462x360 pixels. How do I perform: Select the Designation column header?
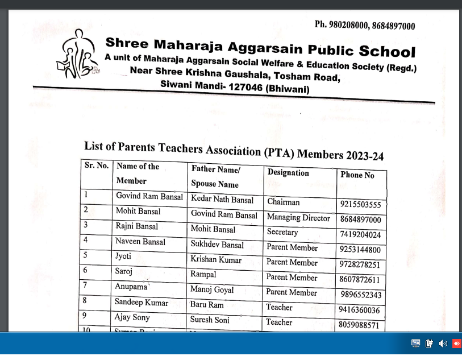tap(288, 173)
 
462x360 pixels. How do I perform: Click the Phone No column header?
tap(357, 175)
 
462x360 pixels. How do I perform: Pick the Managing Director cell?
tap(298, 218)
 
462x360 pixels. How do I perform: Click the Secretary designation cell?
tap(282, 233)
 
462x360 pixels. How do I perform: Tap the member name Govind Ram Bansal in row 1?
tap(149, 197)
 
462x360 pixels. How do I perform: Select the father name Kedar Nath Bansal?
tap(222, 200)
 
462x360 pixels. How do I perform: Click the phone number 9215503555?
tap(361, 205)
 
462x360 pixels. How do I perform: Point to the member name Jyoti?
tap(123, 256)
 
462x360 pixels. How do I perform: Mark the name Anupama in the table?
tap(131, 287)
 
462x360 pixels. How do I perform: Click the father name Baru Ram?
tap(207, 305)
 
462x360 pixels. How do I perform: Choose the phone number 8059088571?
tap(360, 325)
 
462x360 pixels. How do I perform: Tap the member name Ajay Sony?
tap(132, 317)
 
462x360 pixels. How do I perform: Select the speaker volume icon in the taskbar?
tap(443, 344)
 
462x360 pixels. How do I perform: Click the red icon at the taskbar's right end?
tap(456, 344)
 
